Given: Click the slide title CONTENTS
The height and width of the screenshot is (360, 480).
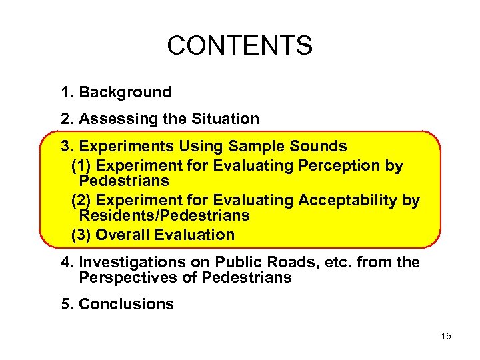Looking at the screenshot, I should [x=239, y=45].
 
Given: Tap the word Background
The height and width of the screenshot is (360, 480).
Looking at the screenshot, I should [x=125, y=92].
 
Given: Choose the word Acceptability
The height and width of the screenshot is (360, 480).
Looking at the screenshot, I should [x=349, y=200].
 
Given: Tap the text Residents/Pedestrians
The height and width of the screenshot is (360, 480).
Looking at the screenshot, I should [x=164, y=215].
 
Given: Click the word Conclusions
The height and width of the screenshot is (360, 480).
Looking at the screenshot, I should [x=126, y=304].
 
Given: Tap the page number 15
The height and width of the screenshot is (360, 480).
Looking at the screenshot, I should [x=445, y=336].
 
